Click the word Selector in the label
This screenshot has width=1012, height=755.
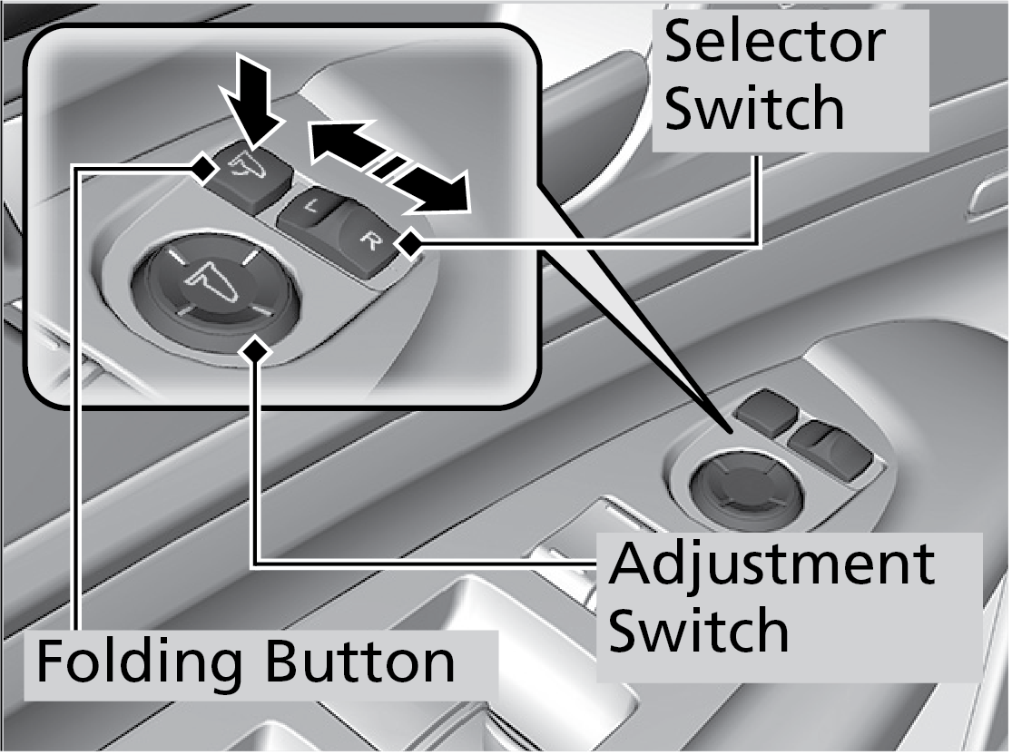pos(774,44)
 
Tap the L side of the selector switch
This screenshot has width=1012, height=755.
pos(310,211)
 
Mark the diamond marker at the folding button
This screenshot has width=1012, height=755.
pos(201,167)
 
